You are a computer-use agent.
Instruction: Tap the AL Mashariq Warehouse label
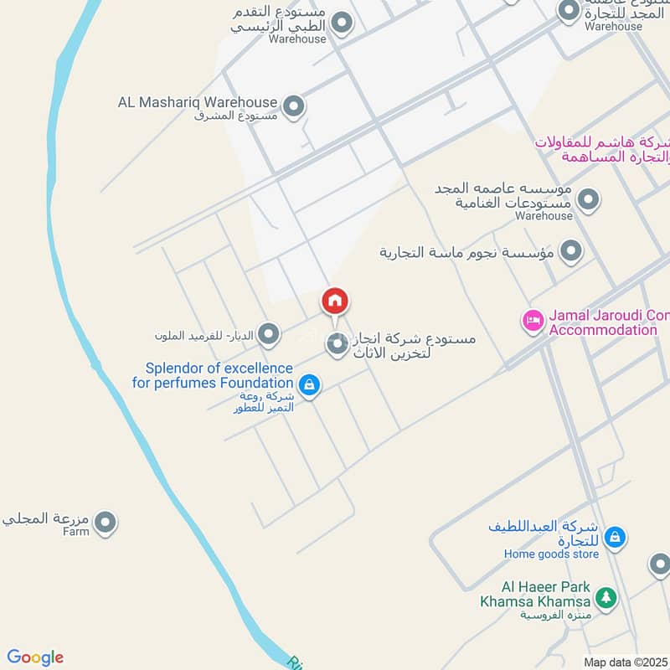pyautogui.click(x=197, y=102)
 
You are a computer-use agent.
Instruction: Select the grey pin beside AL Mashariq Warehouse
pyautogui.click(x=293, y=106)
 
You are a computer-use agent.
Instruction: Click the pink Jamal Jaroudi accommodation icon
pyautogui.click(x=533, y=320)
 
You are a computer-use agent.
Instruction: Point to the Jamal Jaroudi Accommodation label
pyautogui.click(x=608, y=322)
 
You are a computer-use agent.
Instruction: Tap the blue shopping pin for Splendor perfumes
pyautogui.click(x=310, y=385)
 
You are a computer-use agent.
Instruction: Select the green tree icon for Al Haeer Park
pyautogui.click(x=605, y=598)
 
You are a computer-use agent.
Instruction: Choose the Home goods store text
pyautogui.click(x=551, y=554)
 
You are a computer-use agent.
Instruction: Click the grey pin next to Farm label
pyautogui.click(x=105, y=524)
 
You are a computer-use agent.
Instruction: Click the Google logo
pyautogui.click(x=35, y=657)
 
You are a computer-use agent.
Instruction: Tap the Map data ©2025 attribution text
pyautogui.click(x=626, y=662)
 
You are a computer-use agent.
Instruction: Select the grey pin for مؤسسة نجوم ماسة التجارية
pyautogui.click(x=572, y=250)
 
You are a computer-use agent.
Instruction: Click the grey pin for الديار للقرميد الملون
pyautogui.click(x=269, y=335)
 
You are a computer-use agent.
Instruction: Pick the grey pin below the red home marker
pyautogui.click(x=337, y=343)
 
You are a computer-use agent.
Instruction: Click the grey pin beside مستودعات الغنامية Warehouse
pyautogui.click(x=589, y=199)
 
